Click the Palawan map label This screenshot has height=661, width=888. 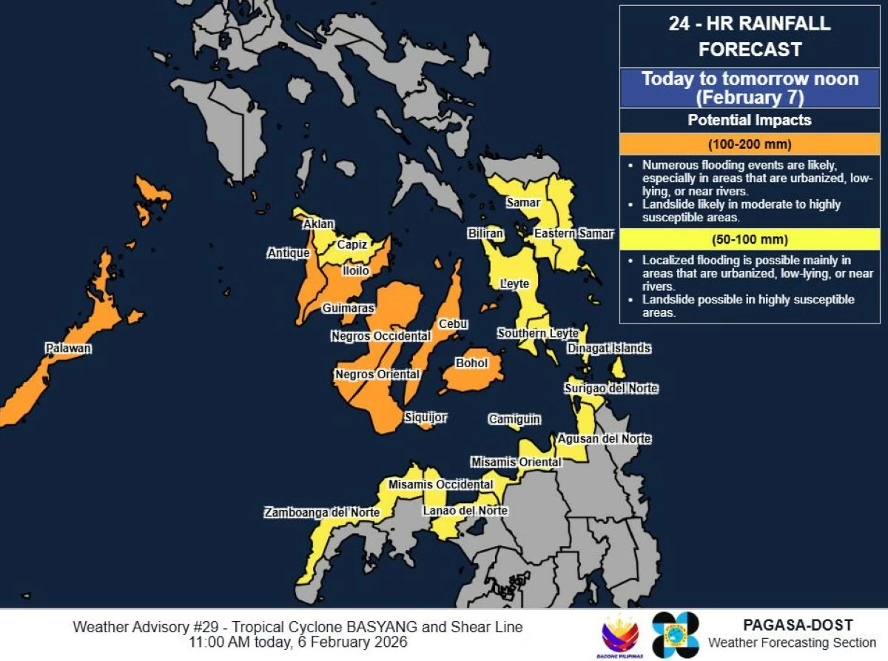coord(68,348)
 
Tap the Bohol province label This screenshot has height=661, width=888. coord(472,363)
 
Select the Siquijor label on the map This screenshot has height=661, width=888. coord(425,417)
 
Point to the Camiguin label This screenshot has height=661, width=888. coord(514,420)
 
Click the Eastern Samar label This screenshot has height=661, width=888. coord(574,234)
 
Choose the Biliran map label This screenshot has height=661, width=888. coord(485,234)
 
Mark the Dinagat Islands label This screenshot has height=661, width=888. coord(609,348)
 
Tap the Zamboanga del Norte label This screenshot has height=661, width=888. coord(323,512)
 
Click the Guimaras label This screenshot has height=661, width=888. coord(349,308)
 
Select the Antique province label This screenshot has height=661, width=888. coord(289,253)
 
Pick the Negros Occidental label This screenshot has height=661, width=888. coord(380,336)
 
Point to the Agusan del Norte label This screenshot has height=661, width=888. coord(604,439)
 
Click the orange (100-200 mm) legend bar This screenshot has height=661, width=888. coord(750,144)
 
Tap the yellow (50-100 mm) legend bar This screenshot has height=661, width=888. coord(750,240)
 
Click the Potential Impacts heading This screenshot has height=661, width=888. coord(750,120)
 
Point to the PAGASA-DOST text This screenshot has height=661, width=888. coord(798,625)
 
